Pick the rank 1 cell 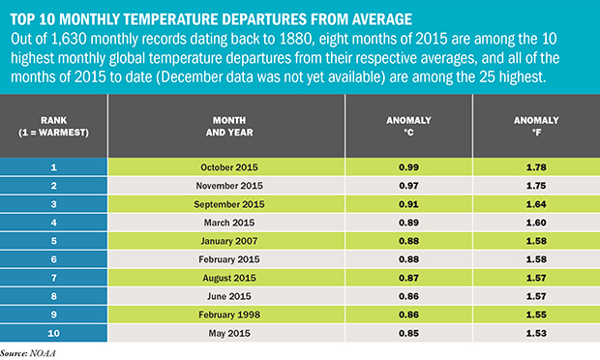pyautogui.click(x=54, y=168)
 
